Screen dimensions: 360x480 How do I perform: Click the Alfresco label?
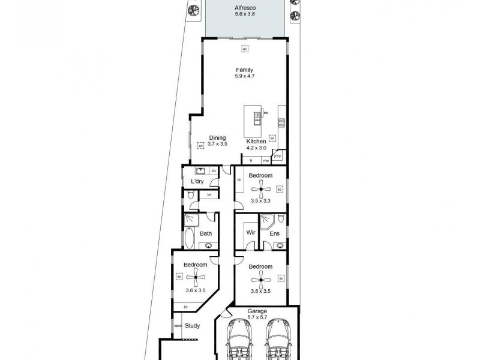[244, 8]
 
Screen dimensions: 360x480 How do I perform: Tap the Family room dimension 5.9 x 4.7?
[244, 76]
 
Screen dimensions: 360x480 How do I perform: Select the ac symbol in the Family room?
[245, 49]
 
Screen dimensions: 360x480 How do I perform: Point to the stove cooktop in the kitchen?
[280, 124]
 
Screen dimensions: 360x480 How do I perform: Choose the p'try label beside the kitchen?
[277, 156]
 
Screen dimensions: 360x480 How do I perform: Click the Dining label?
[217, 137]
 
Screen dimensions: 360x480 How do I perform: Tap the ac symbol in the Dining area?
[200, 145]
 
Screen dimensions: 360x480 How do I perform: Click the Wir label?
[251, 233]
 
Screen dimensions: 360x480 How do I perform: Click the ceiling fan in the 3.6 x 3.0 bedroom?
[196, 277]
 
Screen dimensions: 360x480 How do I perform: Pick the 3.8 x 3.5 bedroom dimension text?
[260, 291]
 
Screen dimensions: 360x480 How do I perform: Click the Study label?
[192, 326]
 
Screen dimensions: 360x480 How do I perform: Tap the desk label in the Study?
[178, 326]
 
